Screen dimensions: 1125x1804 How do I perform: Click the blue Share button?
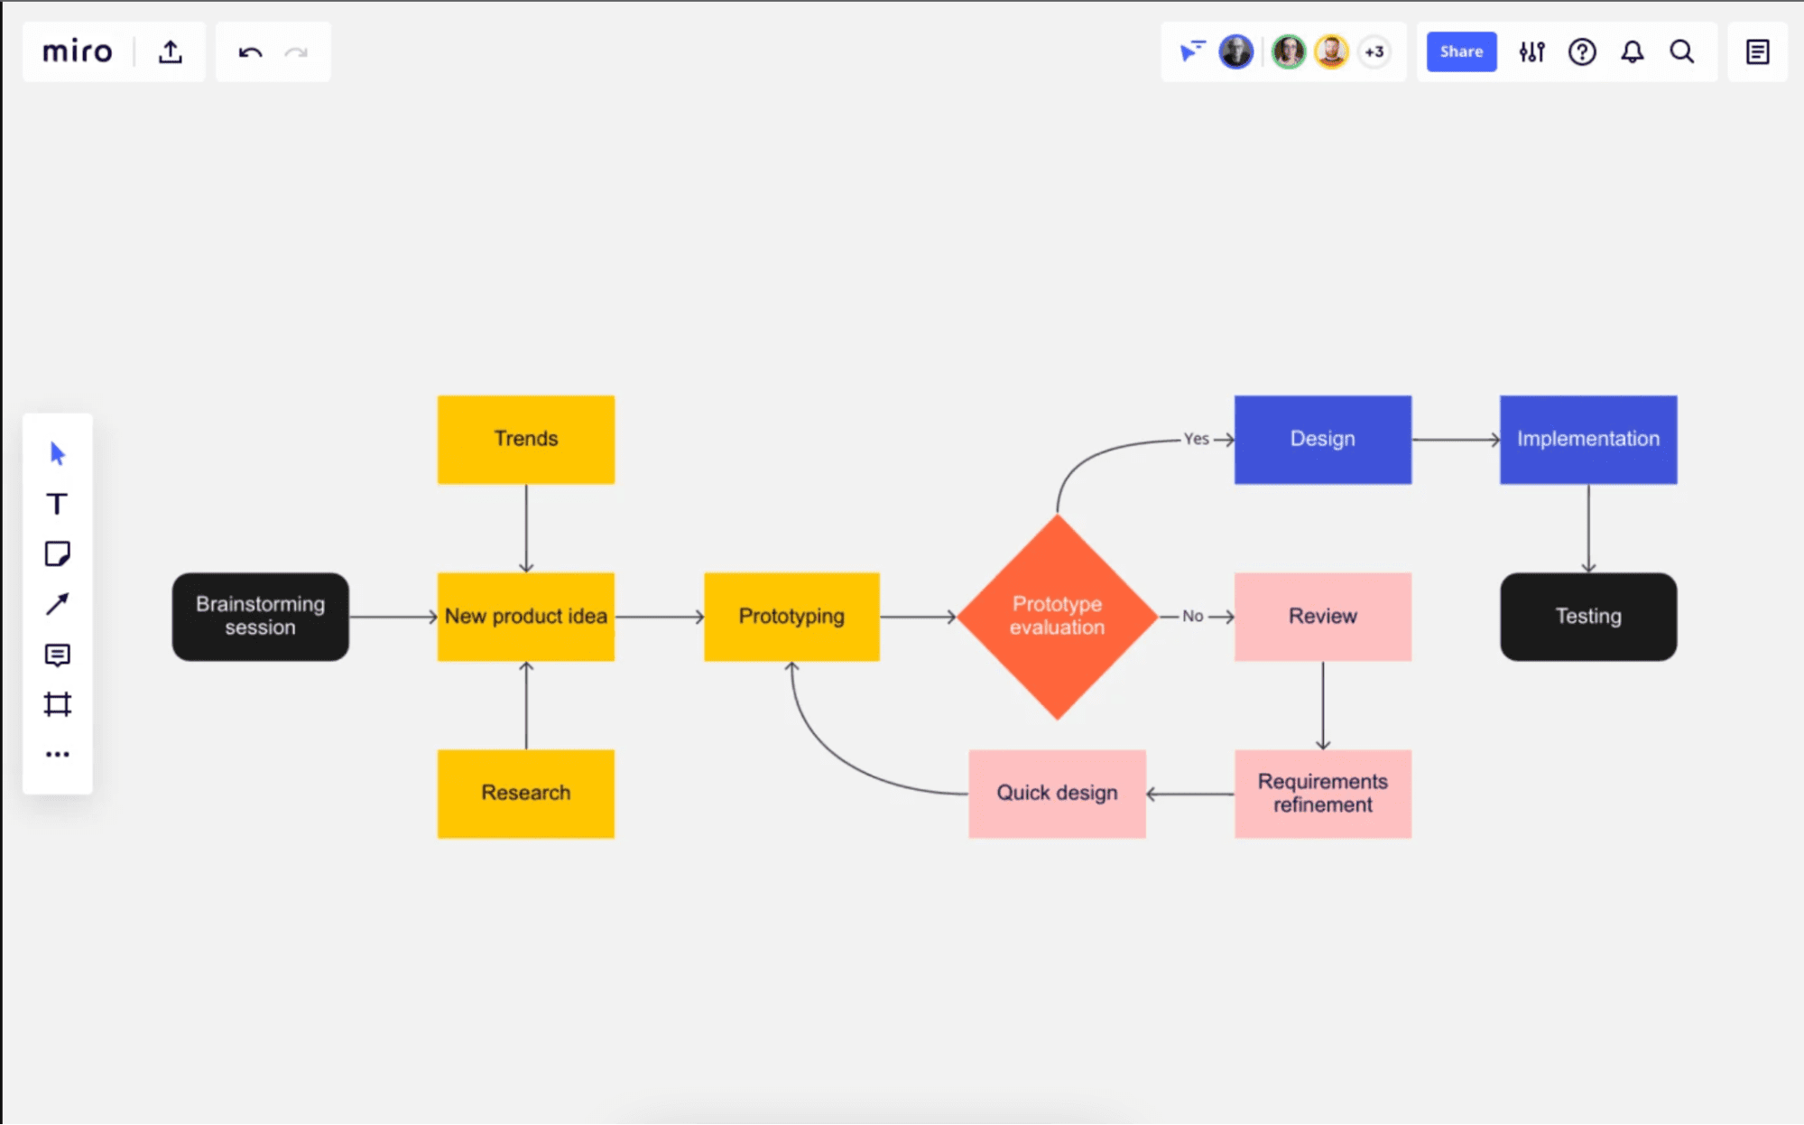coord(1460,51)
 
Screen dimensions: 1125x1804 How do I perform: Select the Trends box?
coord(526,439)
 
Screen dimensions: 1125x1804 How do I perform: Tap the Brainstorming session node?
coord(260,616)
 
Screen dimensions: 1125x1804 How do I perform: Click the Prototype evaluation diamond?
coord(1057,616)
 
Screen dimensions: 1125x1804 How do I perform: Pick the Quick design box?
coord(1057,793)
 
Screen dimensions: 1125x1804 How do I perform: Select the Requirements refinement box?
coord(1322,793)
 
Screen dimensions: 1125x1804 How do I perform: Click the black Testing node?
coord(1587,616)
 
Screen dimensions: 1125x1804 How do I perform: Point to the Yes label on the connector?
coord(1196,439)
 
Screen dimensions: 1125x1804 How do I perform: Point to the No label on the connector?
coord(1192,616)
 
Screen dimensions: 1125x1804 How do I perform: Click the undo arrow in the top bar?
coord(250,52)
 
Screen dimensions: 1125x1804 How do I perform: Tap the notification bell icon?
coord(1632,51)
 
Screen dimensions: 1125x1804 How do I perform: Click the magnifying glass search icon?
coord(1681,51)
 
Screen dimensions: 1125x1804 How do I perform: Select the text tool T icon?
coord(57,504)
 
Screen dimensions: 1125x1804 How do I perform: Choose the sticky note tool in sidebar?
coord(57,553)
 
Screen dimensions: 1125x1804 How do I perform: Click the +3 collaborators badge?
coord(1374,51)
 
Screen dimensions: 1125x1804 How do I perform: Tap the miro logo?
coord(78,51)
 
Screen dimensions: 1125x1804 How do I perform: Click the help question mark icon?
coord(1581,51)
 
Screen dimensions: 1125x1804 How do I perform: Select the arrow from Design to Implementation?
coord(1455,440)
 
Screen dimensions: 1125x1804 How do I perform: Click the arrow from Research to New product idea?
coord(526,706)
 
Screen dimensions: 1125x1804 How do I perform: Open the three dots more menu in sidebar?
coord(57,754)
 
